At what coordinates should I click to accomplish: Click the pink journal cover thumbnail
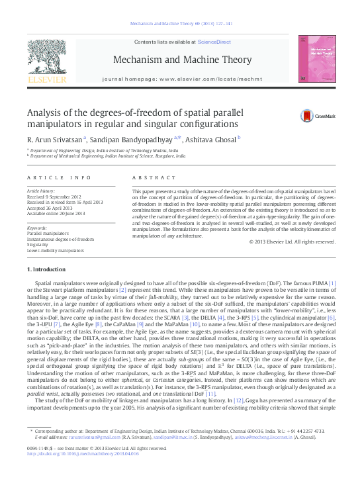(314, 61)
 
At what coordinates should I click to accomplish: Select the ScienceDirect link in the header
(212, 42)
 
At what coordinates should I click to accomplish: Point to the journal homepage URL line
(179, 78)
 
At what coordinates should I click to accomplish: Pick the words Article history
(41, 191)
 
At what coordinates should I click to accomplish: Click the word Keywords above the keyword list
(37, 228)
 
